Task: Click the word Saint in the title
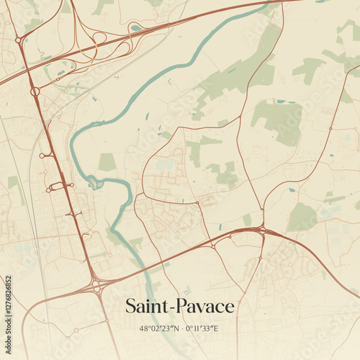click(146, 306)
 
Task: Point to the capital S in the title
click(130, 306)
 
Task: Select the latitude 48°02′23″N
click(156, 328)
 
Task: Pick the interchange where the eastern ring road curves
click(262, 230)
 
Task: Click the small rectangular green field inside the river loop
click(107, 162)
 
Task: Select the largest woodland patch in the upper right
click(278, 120)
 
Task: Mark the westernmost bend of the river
click(71, 144)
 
